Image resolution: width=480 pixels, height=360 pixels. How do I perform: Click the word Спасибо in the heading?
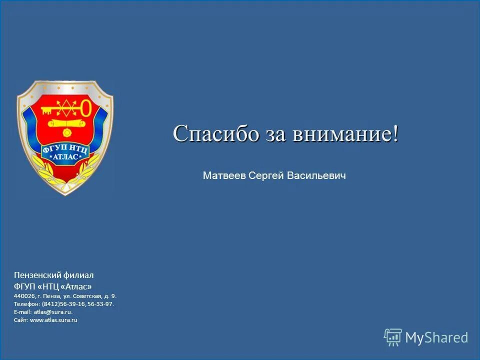tap(216, 134)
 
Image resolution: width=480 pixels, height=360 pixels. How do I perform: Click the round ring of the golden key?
tap(86, 107)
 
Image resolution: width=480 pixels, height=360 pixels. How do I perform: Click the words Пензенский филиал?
tap(53, 275)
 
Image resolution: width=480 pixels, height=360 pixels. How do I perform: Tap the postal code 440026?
tap(24, 296)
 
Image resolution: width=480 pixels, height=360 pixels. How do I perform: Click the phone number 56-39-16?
tap(73, 304)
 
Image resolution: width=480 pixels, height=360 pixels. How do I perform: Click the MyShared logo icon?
tap(393, 337)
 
